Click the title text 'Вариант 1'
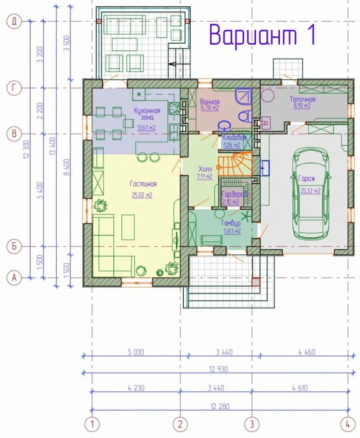pos(262,35)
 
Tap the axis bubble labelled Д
pos(14,21)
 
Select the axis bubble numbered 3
pos(252,424)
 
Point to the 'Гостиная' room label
pos(143,184)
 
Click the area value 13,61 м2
pos(147,128)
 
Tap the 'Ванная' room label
pos(210,102)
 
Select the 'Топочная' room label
pos(302,99)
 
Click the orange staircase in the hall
pos(235,164)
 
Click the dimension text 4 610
pos(300,388)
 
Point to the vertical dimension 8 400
pos(67,167)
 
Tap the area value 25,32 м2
pos(310,191)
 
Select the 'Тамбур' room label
pos(231,223)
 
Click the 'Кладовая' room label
pos(234,138)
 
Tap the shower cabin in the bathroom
pos(243,97)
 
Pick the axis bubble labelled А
pos(14,278)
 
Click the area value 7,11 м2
pos(204,176)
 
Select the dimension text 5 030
pos(136,352)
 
